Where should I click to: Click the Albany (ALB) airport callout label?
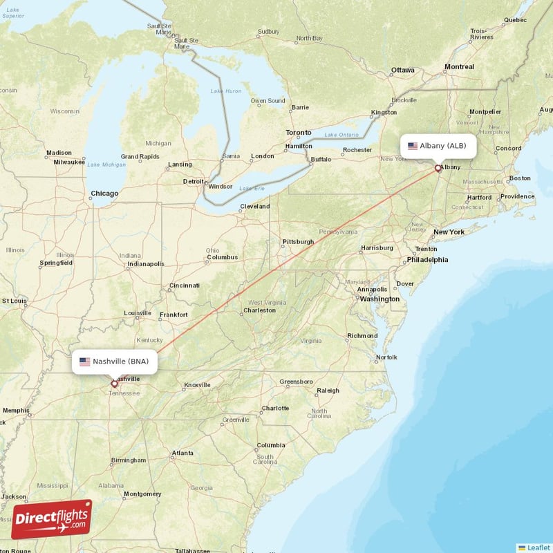coord(438,146)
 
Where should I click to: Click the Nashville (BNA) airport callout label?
coord(115,361)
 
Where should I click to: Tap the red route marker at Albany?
coord(438,168)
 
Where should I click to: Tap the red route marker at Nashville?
coord(114,384)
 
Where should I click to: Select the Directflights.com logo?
coord(52,519)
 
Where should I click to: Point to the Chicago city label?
coord(104,194)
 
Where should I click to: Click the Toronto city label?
coord(299,132)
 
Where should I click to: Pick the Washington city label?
coord(379,299)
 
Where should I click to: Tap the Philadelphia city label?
coord(427,260)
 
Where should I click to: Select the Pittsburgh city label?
coord(298,242)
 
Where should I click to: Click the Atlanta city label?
coord(183,453)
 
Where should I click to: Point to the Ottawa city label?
coord(402,71)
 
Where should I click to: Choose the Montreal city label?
coord(459,67)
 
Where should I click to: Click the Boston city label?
coord(520,178)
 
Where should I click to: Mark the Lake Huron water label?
coord(226,91)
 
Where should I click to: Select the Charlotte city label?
coord(275,408)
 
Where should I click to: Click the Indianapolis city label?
coord(145,263)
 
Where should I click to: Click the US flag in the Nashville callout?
coord(85,361)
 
